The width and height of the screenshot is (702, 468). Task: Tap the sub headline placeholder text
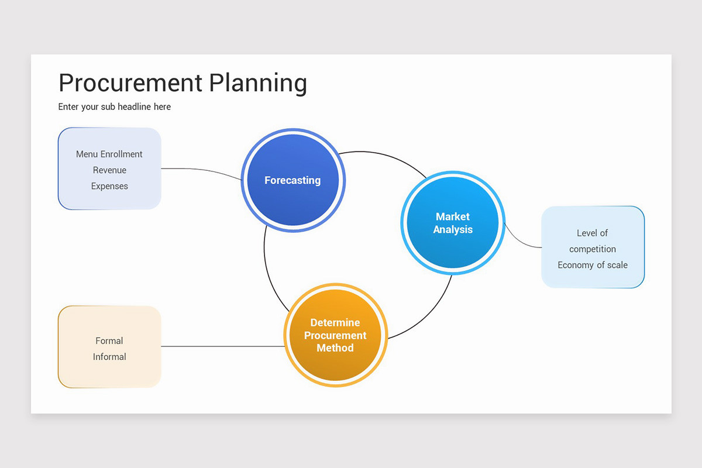pyautogui.click(x=115, y=107)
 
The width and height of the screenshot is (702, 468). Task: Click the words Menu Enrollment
pyautogui.click(x=109, y=154)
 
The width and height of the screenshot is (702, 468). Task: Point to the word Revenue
pyautogui.click(x=109, y=170)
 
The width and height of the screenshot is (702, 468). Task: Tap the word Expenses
pyautogui.click(x=109, y=186)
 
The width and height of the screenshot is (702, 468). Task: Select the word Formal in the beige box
pyautogui.click(x=109, y=340)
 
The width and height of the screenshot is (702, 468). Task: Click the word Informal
pyautogui.click(x=109, y=357)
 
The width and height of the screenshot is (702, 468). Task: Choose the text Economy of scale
pyautogui.click(x=593, y=265)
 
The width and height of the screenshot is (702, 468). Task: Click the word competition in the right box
pyautogui.click(x=593, y=249)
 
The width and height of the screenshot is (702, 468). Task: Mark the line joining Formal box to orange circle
pyautogui.click(x=222, y=346)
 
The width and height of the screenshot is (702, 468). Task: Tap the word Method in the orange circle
pyautogui.click(x=335, y=348)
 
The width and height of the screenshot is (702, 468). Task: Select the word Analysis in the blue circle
pyautogui.click(x=453, y=230)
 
